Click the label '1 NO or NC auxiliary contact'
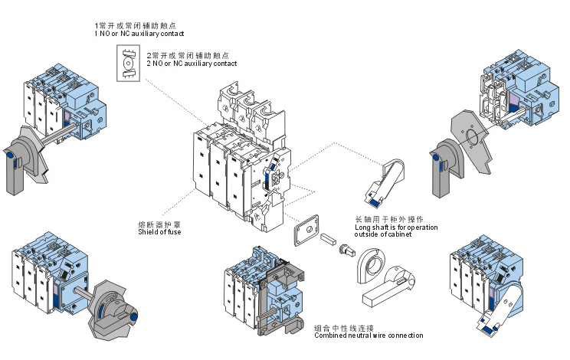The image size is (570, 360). tap(139, 34)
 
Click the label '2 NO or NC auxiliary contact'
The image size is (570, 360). tap(192, 64)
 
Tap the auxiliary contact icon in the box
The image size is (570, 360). tap(128, 63)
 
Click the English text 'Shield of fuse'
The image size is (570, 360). tap(159, 233)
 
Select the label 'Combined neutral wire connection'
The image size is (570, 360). tap(368, 335)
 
